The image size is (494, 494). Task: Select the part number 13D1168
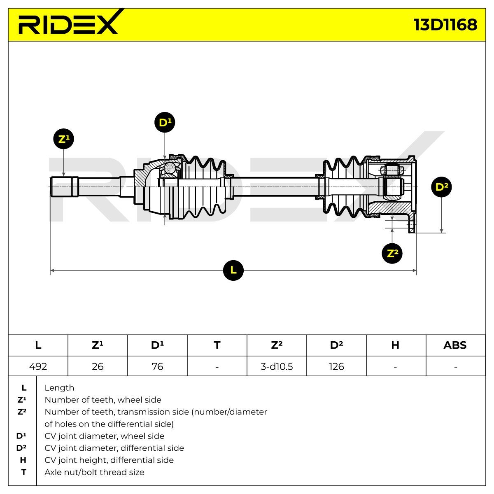pos(445,25)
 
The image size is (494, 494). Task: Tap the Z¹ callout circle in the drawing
pos(64,140)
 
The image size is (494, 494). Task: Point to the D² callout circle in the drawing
pos(441,187)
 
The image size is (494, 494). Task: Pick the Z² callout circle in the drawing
pos(392,253)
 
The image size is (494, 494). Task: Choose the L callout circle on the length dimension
pos(233,270)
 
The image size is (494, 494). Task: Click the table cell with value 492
pos(38,366)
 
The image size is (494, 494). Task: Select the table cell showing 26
pos(98,366)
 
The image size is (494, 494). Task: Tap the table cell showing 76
pos(157,366)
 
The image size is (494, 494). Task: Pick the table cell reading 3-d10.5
pos(277,366)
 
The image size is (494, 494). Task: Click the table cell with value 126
pos(336,366)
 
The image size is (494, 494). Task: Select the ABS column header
pos(455,345)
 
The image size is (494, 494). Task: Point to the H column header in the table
pos(395,345)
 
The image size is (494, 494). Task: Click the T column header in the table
pos(217,345)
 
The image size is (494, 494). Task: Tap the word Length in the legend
pos(59,388)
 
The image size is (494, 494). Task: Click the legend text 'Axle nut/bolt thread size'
pos(94,472)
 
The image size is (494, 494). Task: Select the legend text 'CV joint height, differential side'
pos(109,460)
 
